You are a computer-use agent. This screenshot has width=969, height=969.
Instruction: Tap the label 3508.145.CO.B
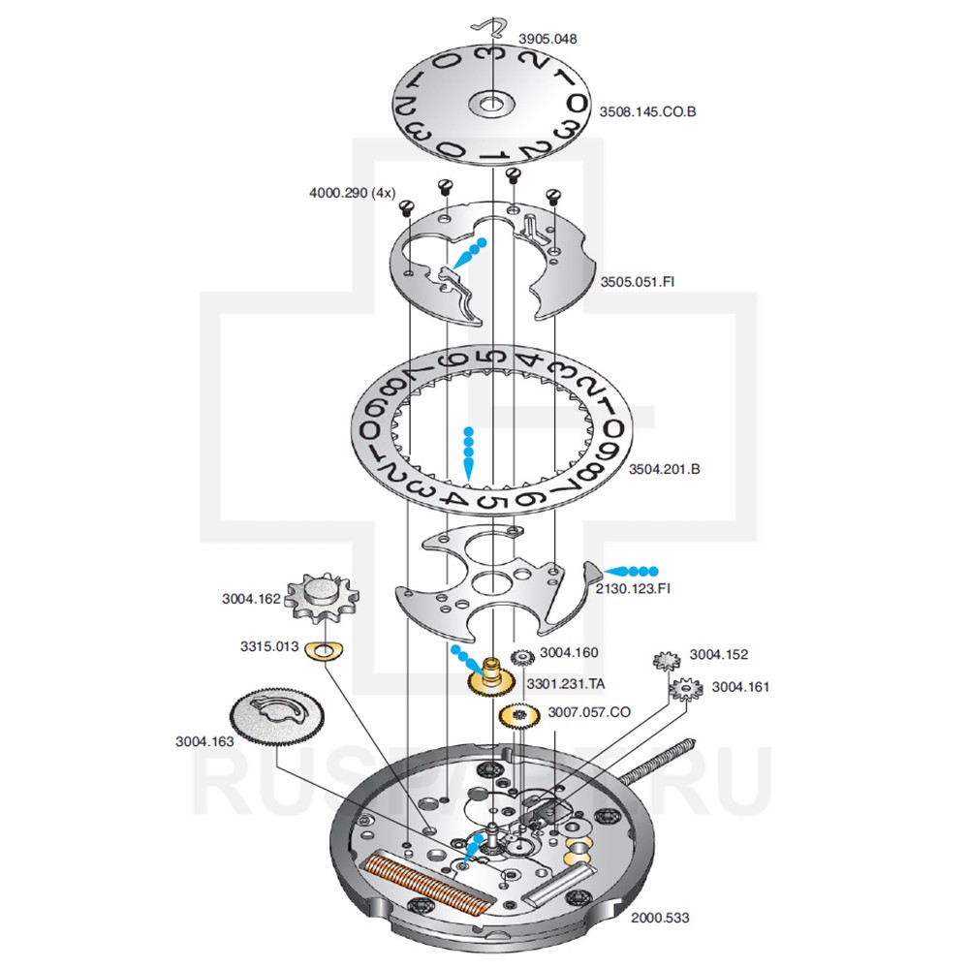click(647, 111)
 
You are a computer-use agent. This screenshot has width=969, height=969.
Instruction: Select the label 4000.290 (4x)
click(352, 193)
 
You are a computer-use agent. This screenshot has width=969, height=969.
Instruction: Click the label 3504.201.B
click(665, 469)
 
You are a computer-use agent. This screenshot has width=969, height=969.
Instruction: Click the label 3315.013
click(269, 646)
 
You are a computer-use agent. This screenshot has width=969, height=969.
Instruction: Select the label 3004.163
click(204, 742)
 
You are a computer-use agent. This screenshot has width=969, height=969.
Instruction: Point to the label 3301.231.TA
click(566, 683)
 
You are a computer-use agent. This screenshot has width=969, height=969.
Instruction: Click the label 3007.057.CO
click(589, 712)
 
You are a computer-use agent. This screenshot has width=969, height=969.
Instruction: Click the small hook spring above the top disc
click(494, 28)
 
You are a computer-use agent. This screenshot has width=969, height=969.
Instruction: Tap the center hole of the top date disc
click(492, 101)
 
